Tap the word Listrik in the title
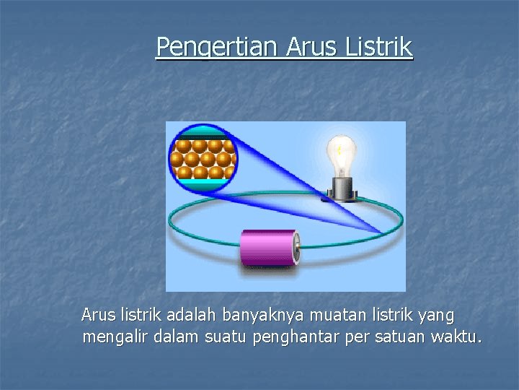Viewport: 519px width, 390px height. click(x=379, y=47)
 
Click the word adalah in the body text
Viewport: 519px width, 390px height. click(x=192, y=315)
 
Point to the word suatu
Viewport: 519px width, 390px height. click(x=226, y=337)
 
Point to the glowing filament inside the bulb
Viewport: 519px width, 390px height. click(x=340, y=149)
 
